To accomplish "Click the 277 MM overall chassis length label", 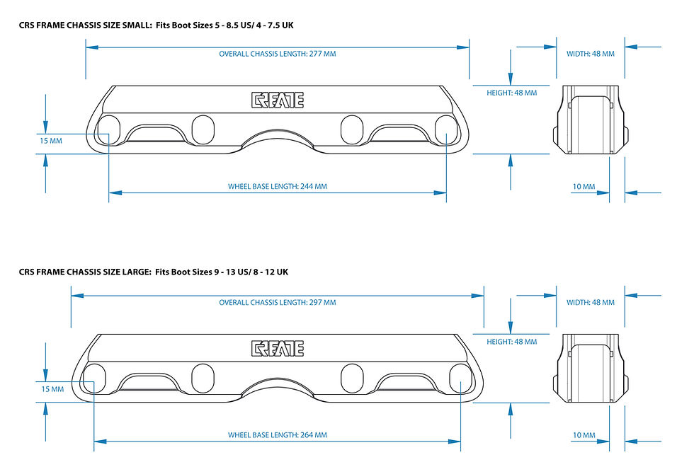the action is pyautogui.click(x=278, y=54).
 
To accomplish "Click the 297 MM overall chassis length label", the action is pyautogui.click(x=278, y=302).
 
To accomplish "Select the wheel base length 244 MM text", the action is pyautogui.click(x=278, y=186).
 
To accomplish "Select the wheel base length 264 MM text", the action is pyautogui.click(x=278, y=434).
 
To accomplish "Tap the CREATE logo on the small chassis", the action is pyautogui.click(x=278, y=100).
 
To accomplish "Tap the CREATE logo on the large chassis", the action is pyautogui.click(x=278, y=348).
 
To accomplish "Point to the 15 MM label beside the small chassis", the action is pyautogui.click(x=51, y=141).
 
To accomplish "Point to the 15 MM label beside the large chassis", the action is pyautogui.click(x=52, y=389).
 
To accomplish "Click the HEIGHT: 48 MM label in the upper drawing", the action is pyautogui.click(x=511, y=93).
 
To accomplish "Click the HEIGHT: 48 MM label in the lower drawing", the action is pyautogui.click(x=511, y=342).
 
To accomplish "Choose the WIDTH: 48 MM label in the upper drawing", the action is pyautogui.click(x=591, y=54).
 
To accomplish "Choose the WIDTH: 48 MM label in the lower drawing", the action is pyautogui.click(x=591, y=302).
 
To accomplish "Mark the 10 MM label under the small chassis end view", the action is pyautogui.click(x=584, y=187).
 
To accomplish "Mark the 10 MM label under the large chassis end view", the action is pyautogui.click(x=584, y=435).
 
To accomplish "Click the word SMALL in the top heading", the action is pyautogui.click(x=136, y=25).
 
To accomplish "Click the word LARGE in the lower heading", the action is pyautogui.click(x=136, y=272).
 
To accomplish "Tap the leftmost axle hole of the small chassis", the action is pyautogui.click(x=108, y=130).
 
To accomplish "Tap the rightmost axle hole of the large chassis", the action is pyautogui.click(x=461, y=379).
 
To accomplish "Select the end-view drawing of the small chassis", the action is pyautogui.click(x=591, y=120).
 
